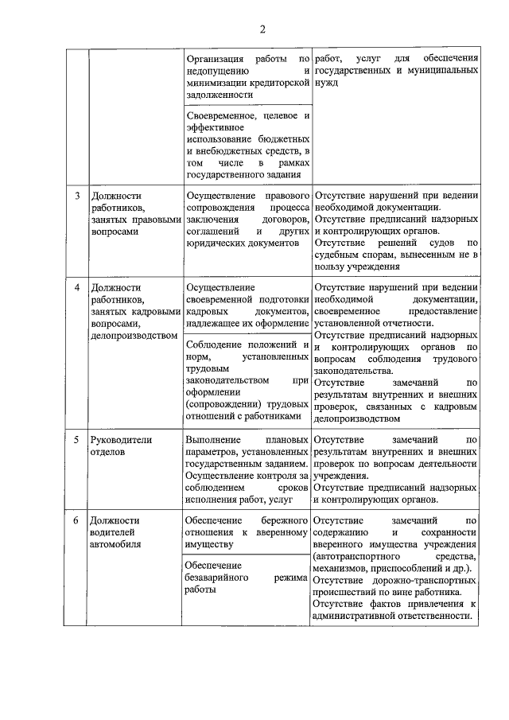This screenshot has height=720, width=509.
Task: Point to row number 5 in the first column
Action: pyautogui.click(x=77, y=439)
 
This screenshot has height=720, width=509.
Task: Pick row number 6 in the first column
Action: pyautogui.click(x=77, y=520)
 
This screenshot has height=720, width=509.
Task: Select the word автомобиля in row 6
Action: pyautogui.click(x=115, y=545)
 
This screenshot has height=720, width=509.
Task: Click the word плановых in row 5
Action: pyautogui.click(x=287, y=439)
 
